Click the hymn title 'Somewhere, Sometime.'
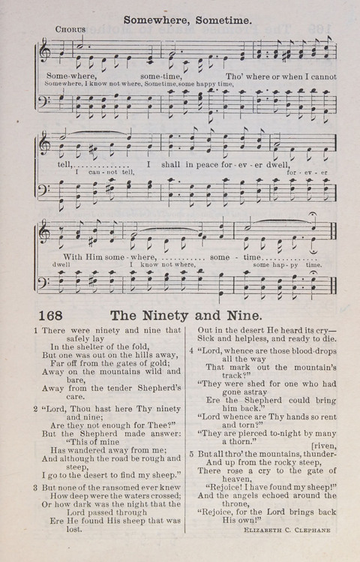tap(187, 22)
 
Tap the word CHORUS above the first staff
tap(70, 30)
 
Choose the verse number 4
tap(191, 350)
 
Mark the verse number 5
tap(191, 454)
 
